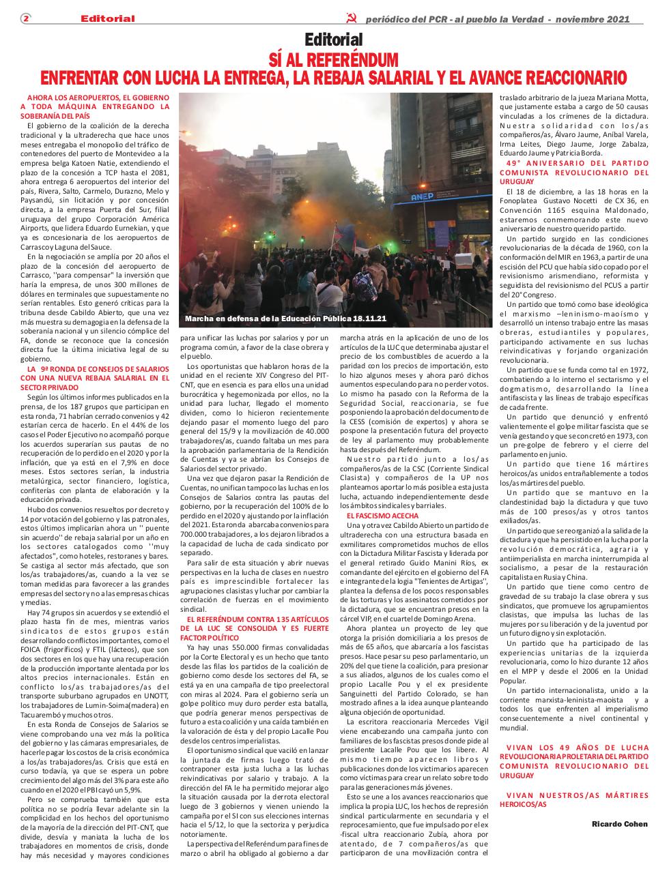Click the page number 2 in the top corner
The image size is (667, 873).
pos(25,18)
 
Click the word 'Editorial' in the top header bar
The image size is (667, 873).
pos(107,18)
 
